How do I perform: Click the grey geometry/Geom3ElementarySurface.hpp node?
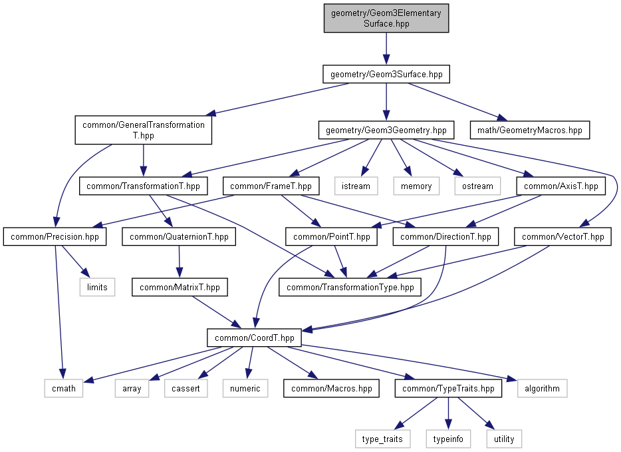[x=386, y=18]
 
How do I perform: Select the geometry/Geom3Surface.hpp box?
[x=386, y=74]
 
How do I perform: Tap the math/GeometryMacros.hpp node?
[x=529, y=130]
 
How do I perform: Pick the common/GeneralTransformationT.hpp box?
[x=144, y=130]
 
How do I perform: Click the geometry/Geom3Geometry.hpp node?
[x=386, y=130]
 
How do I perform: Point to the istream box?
[x=356, y=186]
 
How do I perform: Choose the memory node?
[x=416, y=186]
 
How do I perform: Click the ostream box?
[x=477, y=186]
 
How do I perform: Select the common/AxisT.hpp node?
[x=560, y=186]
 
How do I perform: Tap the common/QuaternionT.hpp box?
[x=179, y=237]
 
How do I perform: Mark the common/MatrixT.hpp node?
[x=180, y=287]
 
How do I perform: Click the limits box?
[x=98, y=287]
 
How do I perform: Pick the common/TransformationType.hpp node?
[x=350, y=287]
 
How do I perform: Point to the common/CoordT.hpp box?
[x=254, y=338]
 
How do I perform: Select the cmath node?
[x=64, y=388]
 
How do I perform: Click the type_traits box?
[x=382, y=439]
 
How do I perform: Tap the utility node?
[x=504, y=439]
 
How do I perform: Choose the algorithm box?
[x=542, y=388]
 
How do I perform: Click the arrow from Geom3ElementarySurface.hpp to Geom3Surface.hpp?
[x=386, y=49]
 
